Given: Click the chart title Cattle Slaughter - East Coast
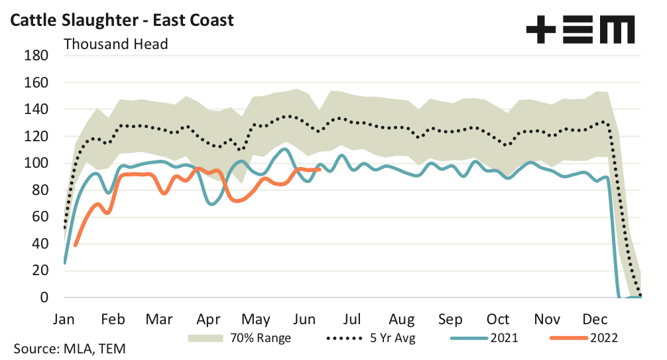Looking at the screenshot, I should [x=121, y=20].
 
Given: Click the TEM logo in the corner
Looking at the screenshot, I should [x=579, y=30].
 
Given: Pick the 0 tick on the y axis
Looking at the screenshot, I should [x=45, y=298].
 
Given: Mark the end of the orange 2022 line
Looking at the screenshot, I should [x=320, y=169].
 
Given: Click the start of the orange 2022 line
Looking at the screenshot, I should [x=75, y=245].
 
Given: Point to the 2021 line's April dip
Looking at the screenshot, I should [x=212, y=204].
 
